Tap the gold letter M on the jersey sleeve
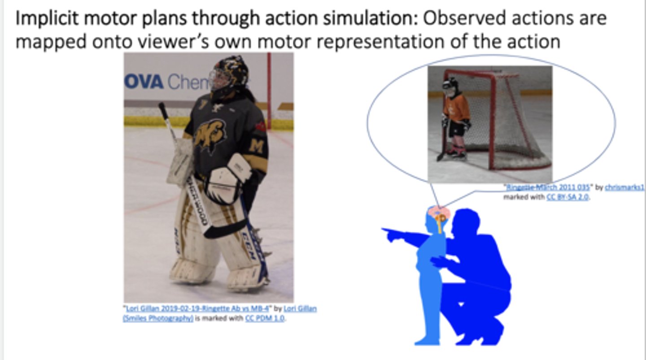coord(257,146)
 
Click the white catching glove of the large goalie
coord(227,179)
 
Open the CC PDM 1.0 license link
coord(265,319)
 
